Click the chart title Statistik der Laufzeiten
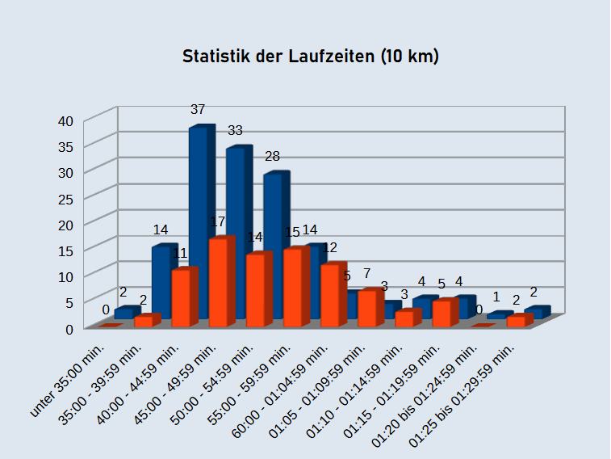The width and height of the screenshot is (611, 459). point(310,57)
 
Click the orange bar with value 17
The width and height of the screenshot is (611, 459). point(220,283)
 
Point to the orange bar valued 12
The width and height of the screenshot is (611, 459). point(331,295)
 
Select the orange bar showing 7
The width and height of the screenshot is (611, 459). point(368,309)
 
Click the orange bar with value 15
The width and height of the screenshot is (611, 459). point(294,288)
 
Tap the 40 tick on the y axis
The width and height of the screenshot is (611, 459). point(66,121)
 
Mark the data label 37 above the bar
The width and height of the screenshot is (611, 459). point(198,109)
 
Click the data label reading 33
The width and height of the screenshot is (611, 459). point(235,130)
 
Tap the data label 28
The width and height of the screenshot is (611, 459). point(272,156)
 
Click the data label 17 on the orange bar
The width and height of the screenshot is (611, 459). point(216,221)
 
